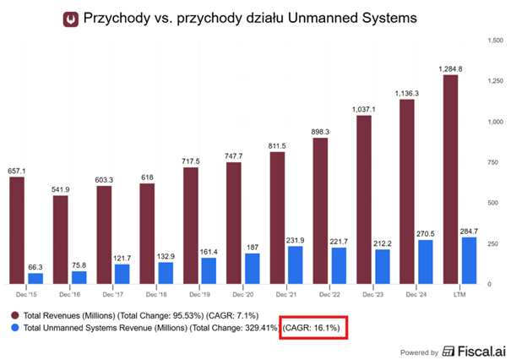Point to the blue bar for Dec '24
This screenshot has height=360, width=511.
[426, 262]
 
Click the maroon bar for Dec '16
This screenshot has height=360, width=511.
[61, 240]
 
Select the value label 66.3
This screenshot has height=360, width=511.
[35, 266]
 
